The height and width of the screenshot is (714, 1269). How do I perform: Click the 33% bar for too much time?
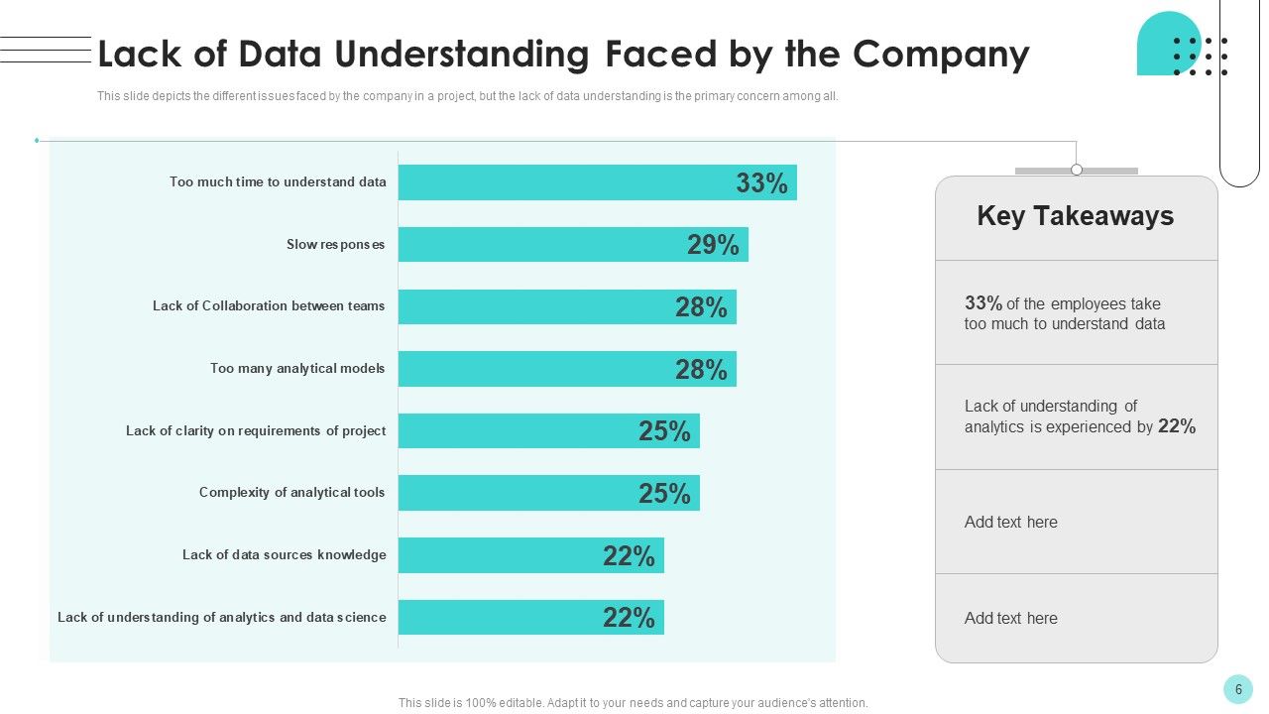coord(598,182)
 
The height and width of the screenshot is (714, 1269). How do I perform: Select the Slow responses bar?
coord(573,244)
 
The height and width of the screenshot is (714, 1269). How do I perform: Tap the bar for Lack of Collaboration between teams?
coord(567,306)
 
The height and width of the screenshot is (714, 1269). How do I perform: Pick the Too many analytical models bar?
coord(567,369)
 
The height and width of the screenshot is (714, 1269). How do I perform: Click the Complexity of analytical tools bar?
coord(549,493)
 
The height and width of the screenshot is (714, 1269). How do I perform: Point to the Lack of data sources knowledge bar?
coord(530,555)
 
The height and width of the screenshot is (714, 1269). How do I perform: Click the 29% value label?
coord(713,245)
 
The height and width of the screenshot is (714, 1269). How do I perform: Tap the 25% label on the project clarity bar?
coord(664,431)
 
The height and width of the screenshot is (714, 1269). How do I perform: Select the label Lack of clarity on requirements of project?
coord(256,430)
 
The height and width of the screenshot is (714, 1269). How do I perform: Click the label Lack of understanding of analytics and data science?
coord(221,617)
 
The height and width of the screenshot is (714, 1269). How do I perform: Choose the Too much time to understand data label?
coord(278,181)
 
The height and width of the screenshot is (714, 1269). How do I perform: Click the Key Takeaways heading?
coord(1076,216)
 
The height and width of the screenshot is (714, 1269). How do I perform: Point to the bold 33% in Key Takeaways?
coord(983,303)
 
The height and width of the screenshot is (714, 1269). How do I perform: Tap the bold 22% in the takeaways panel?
coord(1177,426)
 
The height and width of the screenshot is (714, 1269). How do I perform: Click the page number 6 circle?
coord(1238,689)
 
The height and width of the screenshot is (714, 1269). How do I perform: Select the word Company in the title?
coord(941,56)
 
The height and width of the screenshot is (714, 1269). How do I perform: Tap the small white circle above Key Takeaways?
coord(1077,170)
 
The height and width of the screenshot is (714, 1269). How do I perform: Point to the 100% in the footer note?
coord(480,703)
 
